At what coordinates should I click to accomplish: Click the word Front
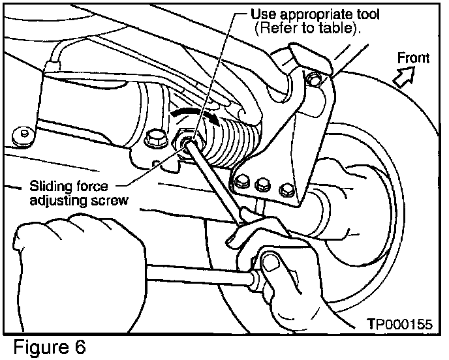pyautogui.click(x=413, y=59)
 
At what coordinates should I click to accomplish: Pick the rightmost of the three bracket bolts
pyautogui.click(x=284, y=190)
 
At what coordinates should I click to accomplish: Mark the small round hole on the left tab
pyautogui.click(x=25, y=136)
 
